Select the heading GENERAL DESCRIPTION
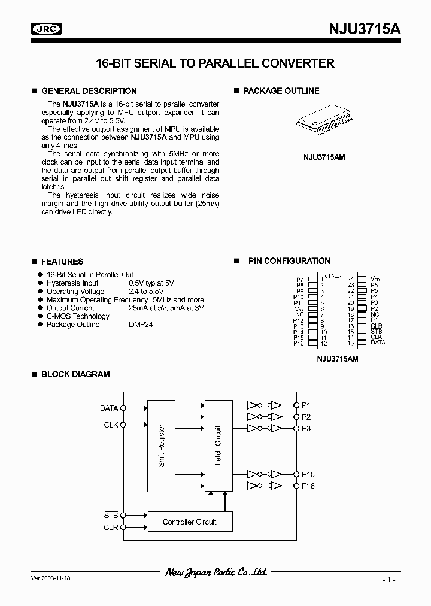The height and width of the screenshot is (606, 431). tap(89, 91)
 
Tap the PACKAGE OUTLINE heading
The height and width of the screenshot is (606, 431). tap(281, 91)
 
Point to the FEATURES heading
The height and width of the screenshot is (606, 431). tap(62, 262)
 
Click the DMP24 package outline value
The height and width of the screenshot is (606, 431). tap(141, 325)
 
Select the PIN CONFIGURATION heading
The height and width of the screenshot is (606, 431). tap(289, 261)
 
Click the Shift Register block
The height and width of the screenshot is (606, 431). tap(162, 446)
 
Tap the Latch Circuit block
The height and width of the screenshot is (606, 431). tap(218, 446)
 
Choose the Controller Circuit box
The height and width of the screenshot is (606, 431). tap(190, 522)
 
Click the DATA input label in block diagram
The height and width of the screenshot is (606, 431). tap(109, 408)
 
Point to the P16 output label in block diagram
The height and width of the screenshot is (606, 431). tap(308, 486)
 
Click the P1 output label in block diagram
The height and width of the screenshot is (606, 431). tap(306, 405)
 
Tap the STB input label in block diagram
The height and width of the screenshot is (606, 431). tap(111, 515)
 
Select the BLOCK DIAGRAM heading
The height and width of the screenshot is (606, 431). tap(75, 374)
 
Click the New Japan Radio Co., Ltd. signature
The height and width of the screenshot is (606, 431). tap(216, 572)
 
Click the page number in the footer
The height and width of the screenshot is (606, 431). tap(388, 580)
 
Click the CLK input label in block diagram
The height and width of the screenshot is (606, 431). tap(111, 425)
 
